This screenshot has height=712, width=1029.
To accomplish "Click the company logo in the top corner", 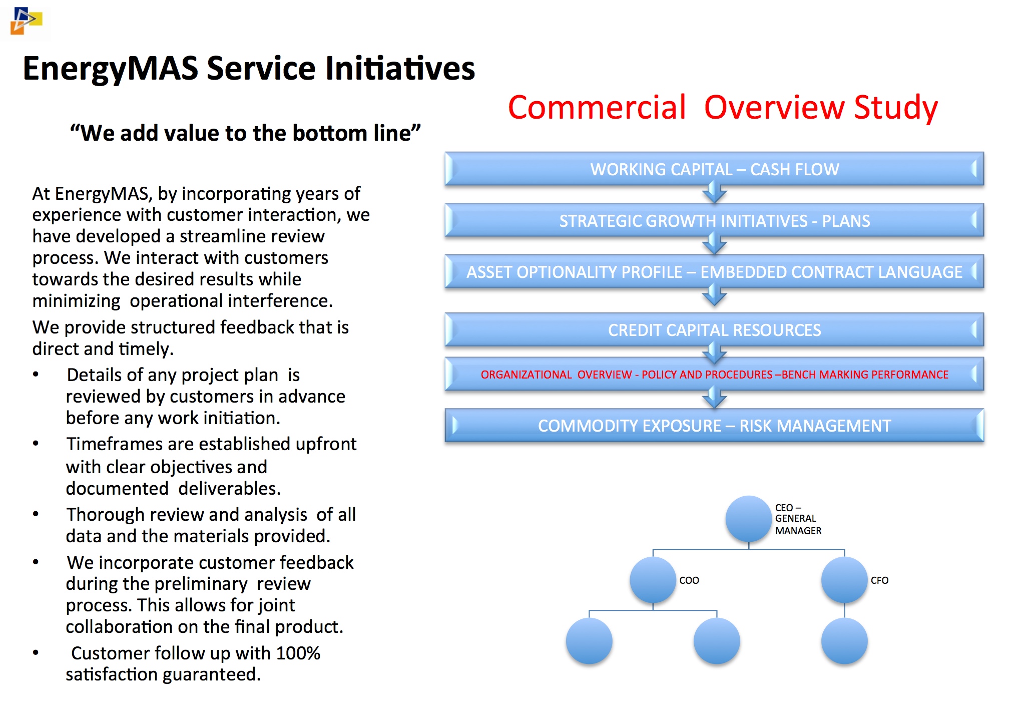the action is point(26,21).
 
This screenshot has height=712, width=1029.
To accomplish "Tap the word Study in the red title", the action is point(895,108).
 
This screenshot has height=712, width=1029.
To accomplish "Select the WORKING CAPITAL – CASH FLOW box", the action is point(714,169).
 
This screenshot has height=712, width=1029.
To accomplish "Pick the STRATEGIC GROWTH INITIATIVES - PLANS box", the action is point(714,220).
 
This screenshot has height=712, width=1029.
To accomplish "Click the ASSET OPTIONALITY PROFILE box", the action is point(714,272).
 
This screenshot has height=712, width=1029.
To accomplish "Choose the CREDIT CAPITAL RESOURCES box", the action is point(714,330).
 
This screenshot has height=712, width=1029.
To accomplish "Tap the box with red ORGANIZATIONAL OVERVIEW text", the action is point(714,374).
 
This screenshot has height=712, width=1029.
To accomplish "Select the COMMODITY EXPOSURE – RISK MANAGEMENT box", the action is point(714,426).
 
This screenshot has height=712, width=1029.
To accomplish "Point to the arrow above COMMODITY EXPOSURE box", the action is point(714,398).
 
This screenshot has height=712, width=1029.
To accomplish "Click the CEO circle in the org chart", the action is point(748,519).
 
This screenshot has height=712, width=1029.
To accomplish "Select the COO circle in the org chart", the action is point(653,580).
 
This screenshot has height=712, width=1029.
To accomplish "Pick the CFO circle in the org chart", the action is point(844,580).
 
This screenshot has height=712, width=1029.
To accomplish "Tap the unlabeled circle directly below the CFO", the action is point(844,641).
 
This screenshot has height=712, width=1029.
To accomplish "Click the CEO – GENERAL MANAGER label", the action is point(798,519).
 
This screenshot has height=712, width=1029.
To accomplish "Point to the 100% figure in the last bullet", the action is point(298,653).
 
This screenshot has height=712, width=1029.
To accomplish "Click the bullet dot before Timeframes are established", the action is point(36,444).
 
